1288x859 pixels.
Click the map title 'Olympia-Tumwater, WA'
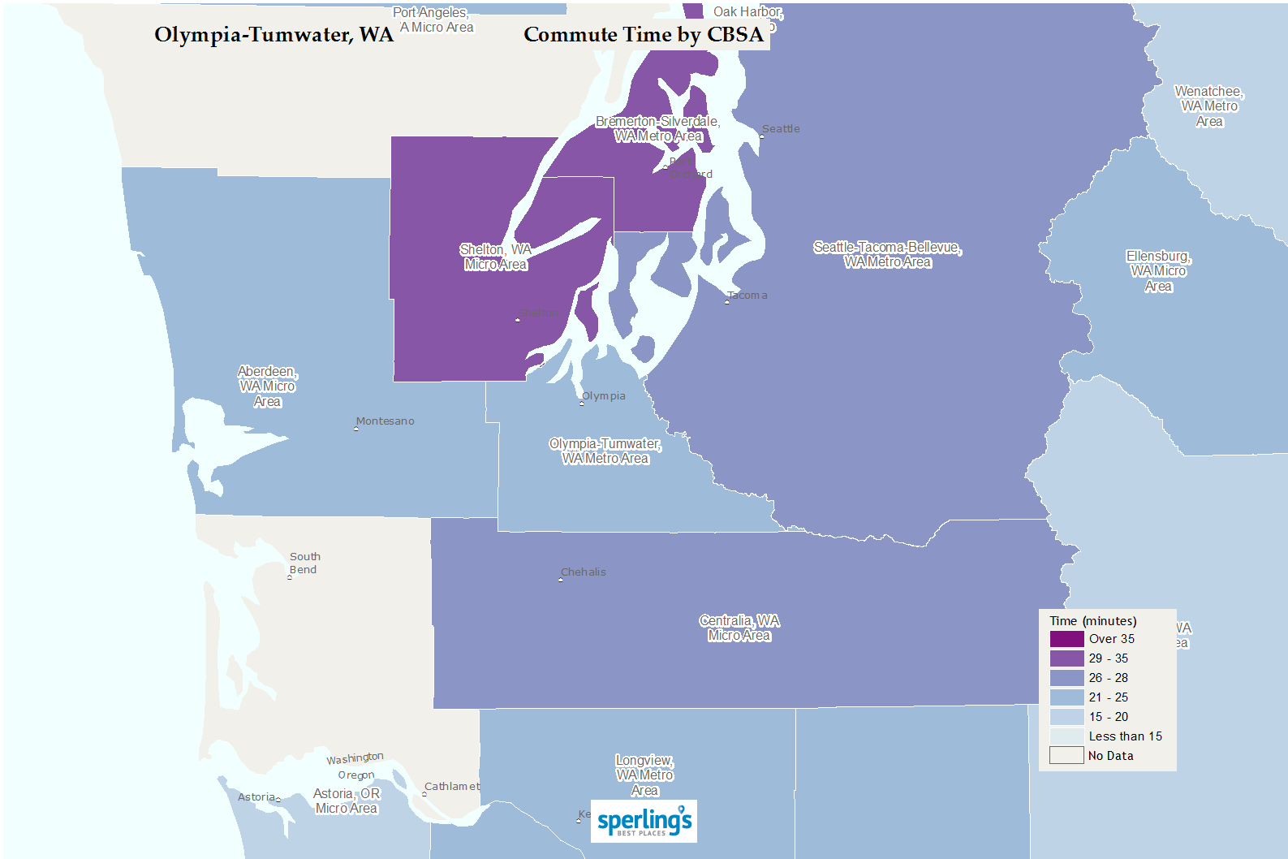coord(274,35)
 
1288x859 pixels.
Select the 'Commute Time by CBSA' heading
coord(644,35)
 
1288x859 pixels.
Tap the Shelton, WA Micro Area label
coord(495,257)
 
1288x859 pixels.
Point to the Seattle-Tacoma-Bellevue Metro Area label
coord(887,254)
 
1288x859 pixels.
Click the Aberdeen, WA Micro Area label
coord(267,386)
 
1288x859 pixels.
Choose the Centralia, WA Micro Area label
coord(739,628)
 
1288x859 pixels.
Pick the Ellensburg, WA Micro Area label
coord(1158,270)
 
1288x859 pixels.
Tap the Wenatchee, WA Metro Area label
coord(1208,106)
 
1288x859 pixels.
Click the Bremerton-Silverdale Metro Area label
coord(657,128)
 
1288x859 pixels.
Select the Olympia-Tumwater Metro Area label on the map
coord(605,451)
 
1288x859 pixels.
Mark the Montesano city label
coord(385,421)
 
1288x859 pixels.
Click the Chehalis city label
coord(583,572)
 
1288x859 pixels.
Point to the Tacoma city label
coord(747,295)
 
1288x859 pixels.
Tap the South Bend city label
coord(304,563)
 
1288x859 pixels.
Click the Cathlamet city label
coord(452,786)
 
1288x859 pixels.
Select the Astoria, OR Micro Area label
coord(347,801)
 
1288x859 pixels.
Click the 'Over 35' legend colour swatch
coord(1066,639)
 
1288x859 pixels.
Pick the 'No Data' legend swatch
coord(1066,755)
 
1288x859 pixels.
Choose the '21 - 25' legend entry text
coord(1108,697)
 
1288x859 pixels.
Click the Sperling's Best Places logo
coord(644,821)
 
